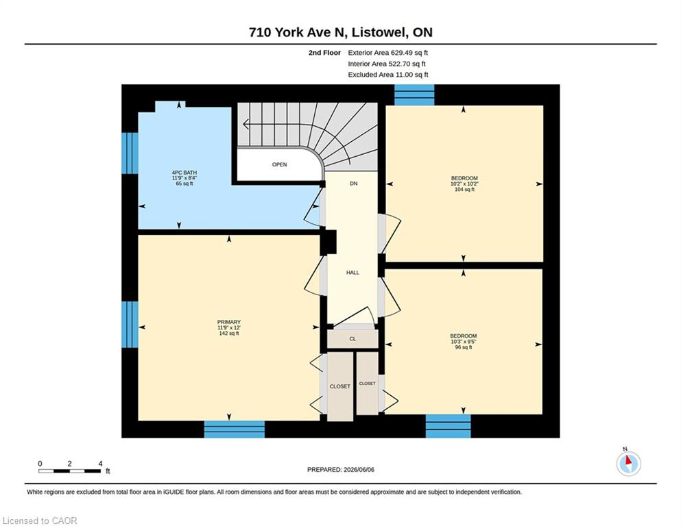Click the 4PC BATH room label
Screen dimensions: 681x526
coord(184,178)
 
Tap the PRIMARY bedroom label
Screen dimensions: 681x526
coord(229,327)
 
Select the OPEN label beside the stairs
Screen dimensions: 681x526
coord(279,165)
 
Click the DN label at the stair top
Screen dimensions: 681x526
coord(353,184)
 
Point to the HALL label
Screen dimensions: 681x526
coord(353,273)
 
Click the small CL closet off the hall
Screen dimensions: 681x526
coord(353,338)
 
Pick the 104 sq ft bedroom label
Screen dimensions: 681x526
coord(464,184)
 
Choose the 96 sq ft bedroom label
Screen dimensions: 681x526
coord(464,341)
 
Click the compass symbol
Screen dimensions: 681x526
coord(628,463)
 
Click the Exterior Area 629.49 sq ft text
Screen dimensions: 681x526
coord(388,53)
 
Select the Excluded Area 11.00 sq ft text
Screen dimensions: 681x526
coord(388,75)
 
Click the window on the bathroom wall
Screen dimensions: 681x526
coord(130,153)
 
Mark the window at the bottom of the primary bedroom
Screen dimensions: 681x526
coord(235,429)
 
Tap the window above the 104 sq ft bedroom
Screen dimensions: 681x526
coord(414,95)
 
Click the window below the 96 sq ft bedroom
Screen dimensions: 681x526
coord(449,426)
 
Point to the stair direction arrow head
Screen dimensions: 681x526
coord(246,125)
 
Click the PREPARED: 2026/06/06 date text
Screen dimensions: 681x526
coord(340,470)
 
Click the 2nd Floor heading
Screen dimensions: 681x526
coord(324,53)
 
